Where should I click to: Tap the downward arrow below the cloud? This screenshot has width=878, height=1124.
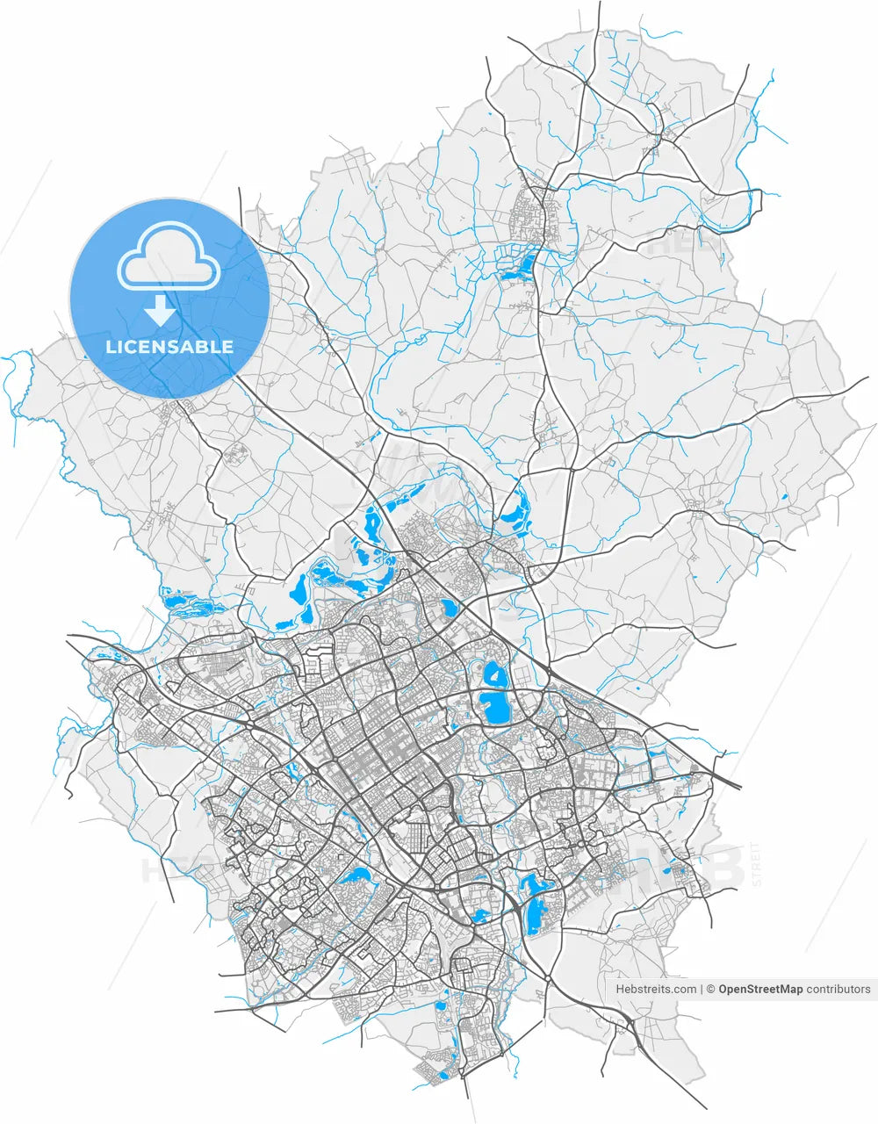159,309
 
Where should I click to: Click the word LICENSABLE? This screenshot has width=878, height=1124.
169,346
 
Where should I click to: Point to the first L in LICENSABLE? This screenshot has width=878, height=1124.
110,346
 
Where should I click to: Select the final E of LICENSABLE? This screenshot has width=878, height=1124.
228,346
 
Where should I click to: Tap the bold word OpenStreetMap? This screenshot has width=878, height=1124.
760,989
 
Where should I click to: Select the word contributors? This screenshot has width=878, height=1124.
838,989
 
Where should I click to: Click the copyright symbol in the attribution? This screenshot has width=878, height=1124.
711,989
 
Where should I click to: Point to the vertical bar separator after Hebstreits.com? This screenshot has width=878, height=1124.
702,989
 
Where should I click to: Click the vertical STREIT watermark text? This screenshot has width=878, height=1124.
757,864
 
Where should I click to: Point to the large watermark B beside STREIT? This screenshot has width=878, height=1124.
724,865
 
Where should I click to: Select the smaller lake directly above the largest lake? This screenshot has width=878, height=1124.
494,675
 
